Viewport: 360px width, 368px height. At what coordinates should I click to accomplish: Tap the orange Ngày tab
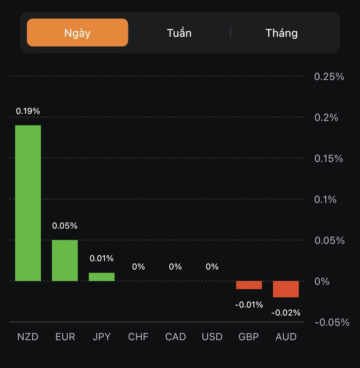point(77,33)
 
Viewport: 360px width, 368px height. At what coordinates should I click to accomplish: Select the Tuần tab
point(179,33)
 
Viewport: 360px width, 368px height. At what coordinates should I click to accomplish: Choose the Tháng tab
point(282,33)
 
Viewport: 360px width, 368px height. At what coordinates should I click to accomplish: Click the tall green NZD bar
point(28,203)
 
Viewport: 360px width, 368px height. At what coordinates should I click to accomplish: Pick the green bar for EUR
point(65,260)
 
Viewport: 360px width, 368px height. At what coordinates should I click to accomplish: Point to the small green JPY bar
point(102,277)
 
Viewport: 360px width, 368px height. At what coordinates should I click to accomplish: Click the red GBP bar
point(249,285)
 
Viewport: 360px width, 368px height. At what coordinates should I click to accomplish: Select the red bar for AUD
point(286,289)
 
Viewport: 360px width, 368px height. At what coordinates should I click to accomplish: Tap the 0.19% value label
point(28,111)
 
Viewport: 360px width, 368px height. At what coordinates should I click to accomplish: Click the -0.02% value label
point(286,313)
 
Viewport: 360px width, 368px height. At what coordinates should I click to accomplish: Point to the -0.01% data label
point(249,305)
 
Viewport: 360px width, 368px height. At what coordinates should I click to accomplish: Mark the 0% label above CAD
point(175,267)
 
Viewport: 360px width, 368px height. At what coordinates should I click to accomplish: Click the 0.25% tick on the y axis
point(329,77)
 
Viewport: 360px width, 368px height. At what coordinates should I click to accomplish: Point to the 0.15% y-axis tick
point(329,159)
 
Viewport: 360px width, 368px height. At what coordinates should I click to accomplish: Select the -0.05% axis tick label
point(332,322)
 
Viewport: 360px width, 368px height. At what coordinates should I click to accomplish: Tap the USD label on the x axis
point(212,337)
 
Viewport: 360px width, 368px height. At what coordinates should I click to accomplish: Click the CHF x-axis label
point(138,337)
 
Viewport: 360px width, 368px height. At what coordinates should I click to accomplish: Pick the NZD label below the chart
point(28,337)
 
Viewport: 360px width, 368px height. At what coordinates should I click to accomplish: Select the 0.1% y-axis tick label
point(325,200)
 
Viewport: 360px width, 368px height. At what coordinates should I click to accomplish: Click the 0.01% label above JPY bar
point(102,258)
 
